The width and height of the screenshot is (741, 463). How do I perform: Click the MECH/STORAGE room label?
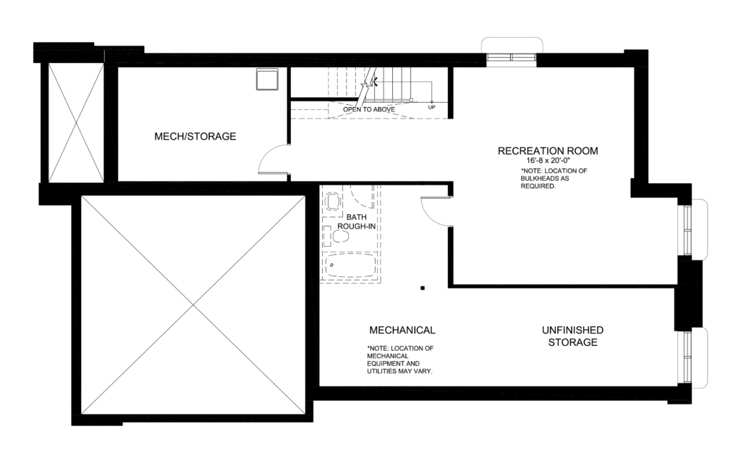[x=195, y=136]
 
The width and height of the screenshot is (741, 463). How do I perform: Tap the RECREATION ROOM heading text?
[x=548, y=151]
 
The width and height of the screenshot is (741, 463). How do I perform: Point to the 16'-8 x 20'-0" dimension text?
[x=548, y=161]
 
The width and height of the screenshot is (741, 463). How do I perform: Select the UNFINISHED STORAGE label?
[x=572, y=336]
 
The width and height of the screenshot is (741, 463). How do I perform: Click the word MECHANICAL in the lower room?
[x=402, y=330]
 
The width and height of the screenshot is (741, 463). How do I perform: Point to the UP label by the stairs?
[x=432, y=107]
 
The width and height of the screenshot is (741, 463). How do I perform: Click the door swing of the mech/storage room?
[x=274, y=159]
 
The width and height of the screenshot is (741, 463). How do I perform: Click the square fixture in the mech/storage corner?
[x=266, y=79]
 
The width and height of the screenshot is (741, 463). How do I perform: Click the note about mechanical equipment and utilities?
[x=400, y=360]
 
